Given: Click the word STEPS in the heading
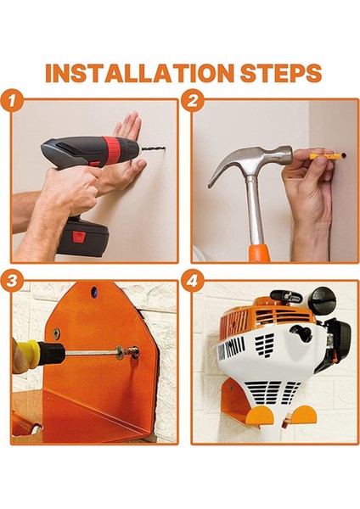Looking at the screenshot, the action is coord(281,72).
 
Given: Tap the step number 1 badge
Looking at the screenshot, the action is coord(12,100).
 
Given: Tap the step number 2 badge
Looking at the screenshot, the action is coord(193,100).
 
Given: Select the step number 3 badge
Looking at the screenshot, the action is coord(12,281).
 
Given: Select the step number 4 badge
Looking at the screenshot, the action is coord(193,281).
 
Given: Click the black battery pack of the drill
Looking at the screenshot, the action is coord(85,238).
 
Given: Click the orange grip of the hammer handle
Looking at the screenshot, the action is coord(259,252).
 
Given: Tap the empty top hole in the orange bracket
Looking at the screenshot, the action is coord(94,292).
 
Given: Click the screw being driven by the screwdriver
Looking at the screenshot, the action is coord(132,351).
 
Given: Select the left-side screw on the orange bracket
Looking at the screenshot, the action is coord(56,332).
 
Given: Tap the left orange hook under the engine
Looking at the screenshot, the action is coord(260,416).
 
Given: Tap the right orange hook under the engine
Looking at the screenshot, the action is coord(303,415).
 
